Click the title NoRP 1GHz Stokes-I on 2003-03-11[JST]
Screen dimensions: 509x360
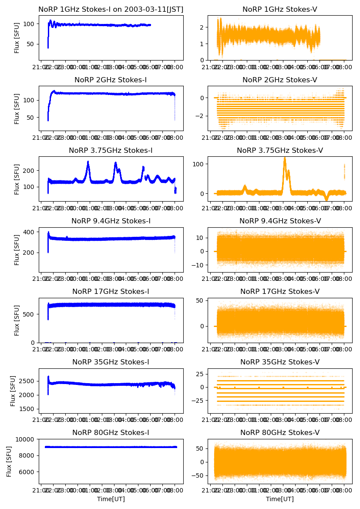(111, 9)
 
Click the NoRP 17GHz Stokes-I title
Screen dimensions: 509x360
(111, 292)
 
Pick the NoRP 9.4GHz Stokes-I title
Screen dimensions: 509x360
(111, 221)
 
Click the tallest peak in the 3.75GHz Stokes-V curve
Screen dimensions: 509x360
(285, 158)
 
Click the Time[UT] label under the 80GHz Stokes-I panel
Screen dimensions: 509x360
(111, 499)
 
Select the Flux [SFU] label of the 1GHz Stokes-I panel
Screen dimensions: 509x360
(17, 37)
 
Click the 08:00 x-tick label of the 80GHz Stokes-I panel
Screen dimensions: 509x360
(175, 491)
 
